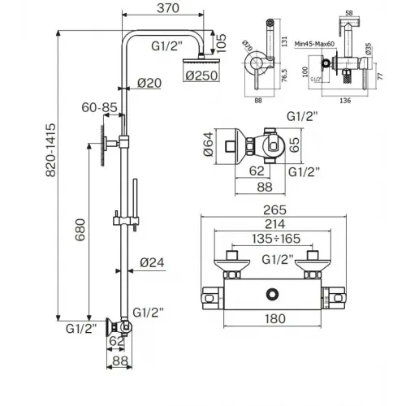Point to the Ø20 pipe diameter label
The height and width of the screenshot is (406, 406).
point(150,82)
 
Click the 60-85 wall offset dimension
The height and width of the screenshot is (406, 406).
point(96,106)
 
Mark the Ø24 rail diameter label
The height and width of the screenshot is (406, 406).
point(152,261)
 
